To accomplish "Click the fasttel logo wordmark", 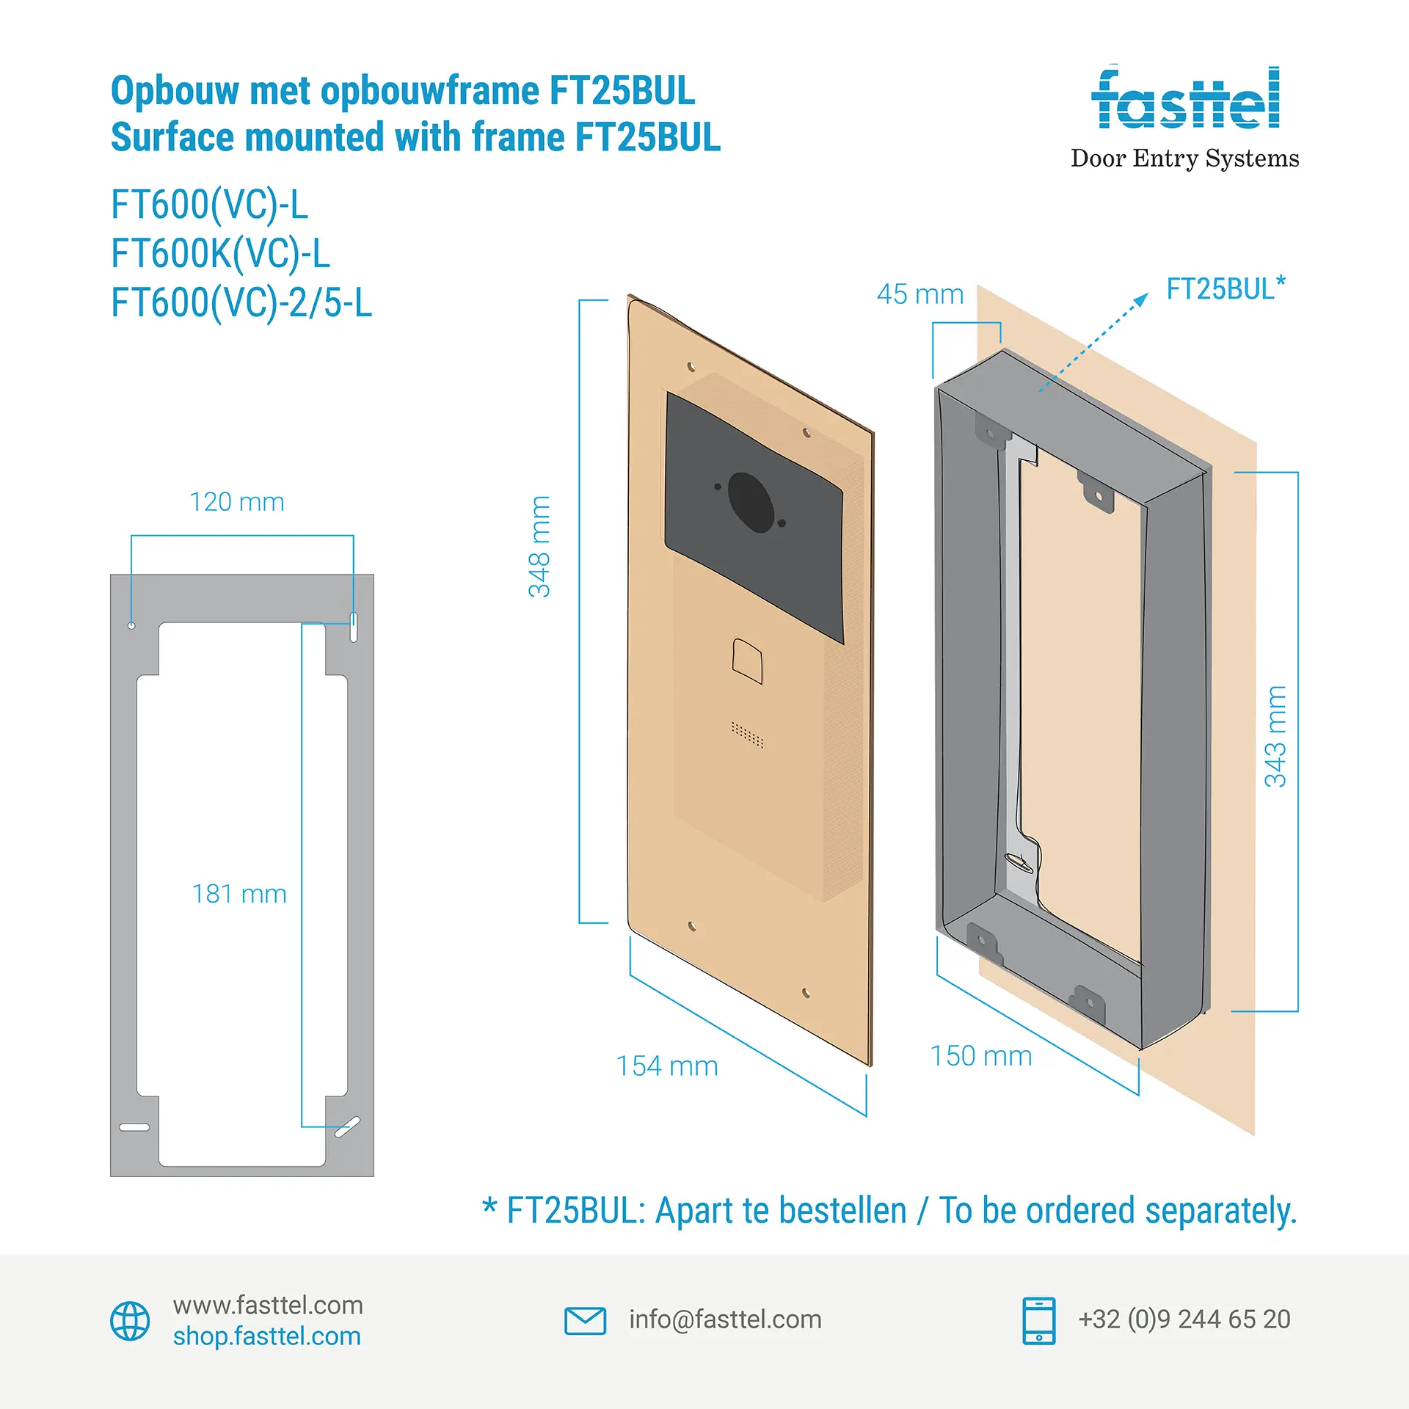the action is point(1185,99).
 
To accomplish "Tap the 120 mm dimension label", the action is point(237,502).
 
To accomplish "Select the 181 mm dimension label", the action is point(239,894).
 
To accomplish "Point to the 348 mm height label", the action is point(540,547).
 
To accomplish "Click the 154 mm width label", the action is point(667,1066).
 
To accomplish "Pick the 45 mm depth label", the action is point(920,294).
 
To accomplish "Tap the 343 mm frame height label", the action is point(1276,736).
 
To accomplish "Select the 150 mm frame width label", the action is point(981,1056).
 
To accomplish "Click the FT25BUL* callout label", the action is point(1226,288).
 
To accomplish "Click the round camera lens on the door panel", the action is point(751,502).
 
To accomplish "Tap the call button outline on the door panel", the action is point(748,660).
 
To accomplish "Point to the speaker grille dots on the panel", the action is point(748,734).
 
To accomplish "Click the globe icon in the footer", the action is point(130,1321).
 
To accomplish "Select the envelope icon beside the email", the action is point(585,1320).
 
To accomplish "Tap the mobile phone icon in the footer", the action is point(1039,1321).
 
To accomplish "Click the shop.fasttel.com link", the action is point(267,1336).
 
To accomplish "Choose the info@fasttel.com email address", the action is point(725,1319).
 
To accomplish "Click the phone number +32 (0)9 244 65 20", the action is point(1184,1319).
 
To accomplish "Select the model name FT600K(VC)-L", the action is point(220,254).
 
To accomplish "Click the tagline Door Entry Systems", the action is point(1184,159).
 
